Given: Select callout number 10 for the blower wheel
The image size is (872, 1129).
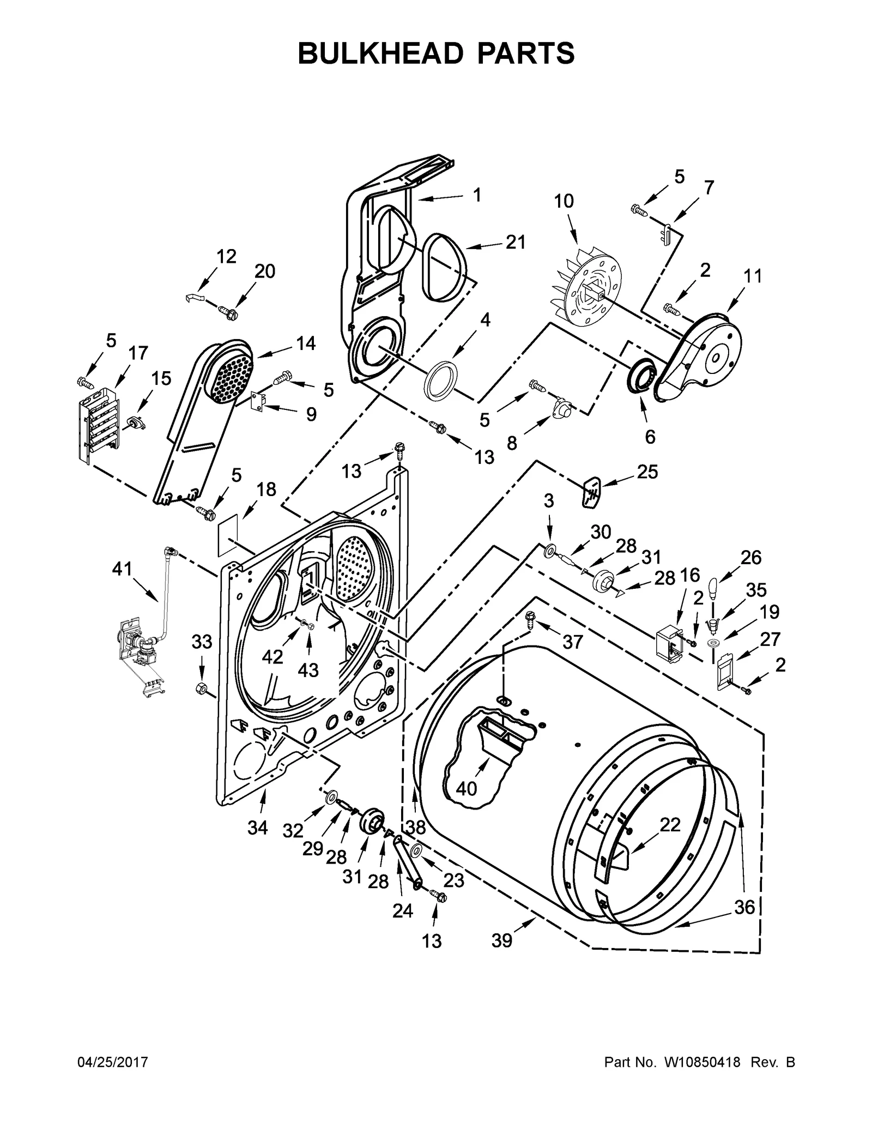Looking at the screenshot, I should coord(564,201).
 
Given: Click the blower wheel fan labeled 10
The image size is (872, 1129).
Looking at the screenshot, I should coord(586,289).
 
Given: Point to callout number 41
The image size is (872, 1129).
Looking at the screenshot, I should coord(122,569).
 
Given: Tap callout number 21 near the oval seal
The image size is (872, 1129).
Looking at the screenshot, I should coord(516,242).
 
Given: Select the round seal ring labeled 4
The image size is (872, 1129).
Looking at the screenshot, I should coord(441,378).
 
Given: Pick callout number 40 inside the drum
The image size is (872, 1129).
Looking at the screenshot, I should coord(467,788).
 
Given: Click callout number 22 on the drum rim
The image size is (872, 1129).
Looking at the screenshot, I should coord(670,825).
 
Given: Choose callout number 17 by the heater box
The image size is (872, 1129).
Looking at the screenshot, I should coord(138,353).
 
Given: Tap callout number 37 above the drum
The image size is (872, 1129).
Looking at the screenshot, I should coord(572,642).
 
